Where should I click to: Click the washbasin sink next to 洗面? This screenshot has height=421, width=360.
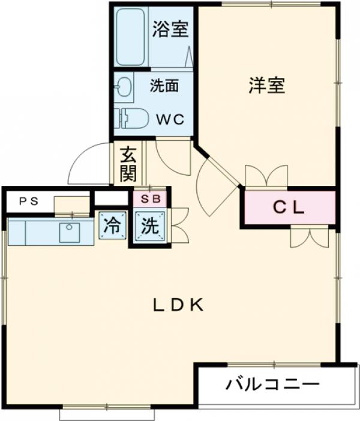(x=124, y=88)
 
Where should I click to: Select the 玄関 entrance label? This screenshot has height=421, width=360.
(x=128, y=164)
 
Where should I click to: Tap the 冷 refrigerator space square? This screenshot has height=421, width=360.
(x=112, y=226)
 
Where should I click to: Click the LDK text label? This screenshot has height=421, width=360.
(x=178, y=305)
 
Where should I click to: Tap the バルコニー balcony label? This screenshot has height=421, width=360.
(x=272, y=384)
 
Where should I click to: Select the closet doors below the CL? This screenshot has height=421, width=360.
(x=310, y=236)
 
